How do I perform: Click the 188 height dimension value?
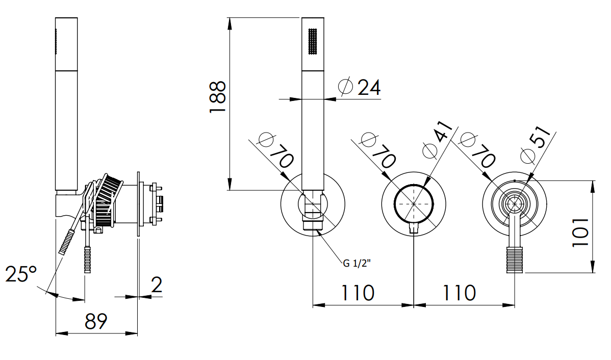click(217, 97)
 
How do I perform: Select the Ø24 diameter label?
click(359, 87)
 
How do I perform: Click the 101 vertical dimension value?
click(580, 232)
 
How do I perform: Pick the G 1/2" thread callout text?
click(357, 264)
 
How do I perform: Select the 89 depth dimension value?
click(96, 321)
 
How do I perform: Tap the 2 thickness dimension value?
click(156, 285)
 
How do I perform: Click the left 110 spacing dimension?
click(358, 293)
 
